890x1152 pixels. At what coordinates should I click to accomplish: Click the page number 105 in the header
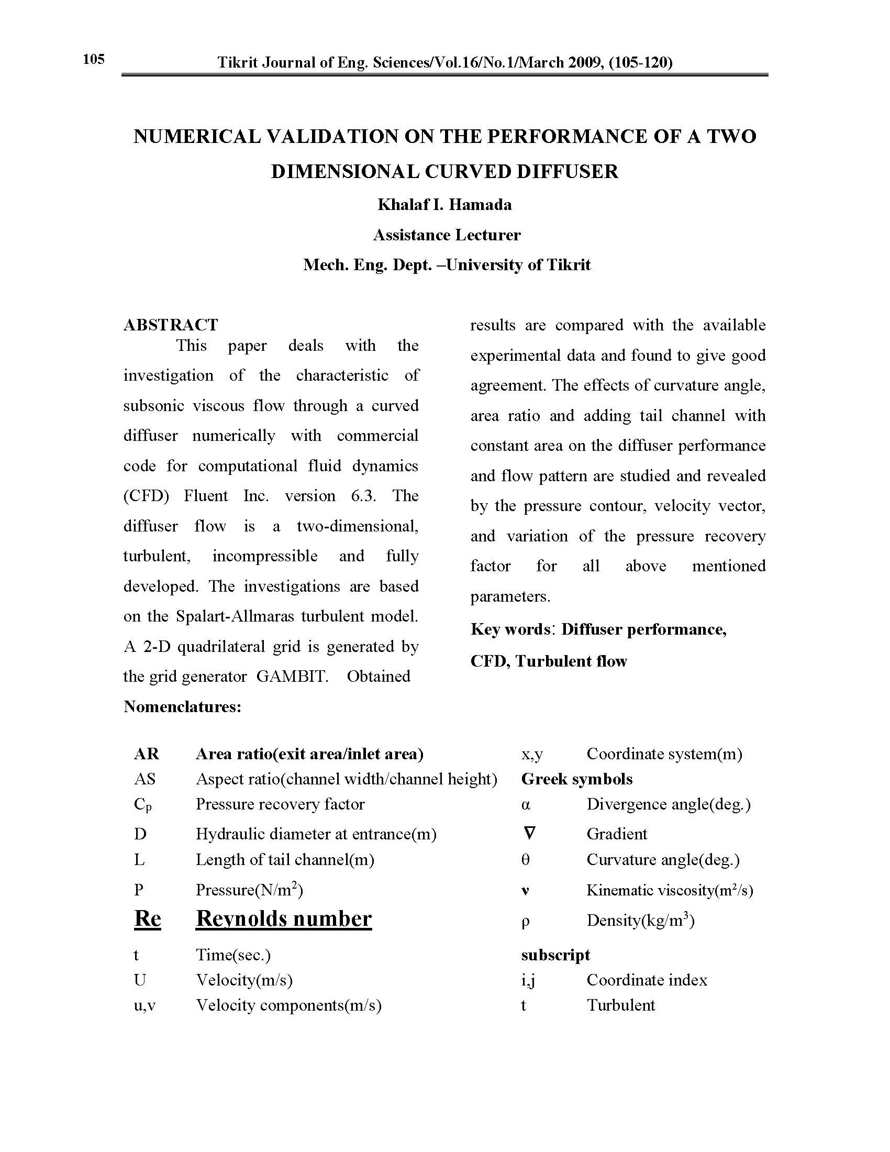94,59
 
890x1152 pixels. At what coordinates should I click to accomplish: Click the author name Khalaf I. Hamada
444,205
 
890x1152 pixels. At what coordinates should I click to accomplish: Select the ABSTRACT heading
170,325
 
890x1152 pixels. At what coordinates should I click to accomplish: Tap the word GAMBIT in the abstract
292,676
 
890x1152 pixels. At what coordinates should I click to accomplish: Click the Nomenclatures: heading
182,706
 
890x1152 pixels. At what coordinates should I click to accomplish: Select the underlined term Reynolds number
284,918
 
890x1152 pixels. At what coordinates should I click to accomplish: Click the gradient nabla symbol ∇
530,834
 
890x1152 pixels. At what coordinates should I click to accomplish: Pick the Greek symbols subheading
577,779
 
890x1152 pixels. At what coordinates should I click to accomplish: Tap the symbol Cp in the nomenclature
142,805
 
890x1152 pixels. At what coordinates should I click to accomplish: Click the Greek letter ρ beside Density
525,921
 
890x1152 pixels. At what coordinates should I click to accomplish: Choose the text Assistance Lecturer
447,235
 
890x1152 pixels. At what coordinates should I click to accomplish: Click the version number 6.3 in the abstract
363,496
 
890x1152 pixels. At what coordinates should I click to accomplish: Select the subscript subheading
555,955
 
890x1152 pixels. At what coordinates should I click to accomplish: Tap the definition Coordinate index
647,980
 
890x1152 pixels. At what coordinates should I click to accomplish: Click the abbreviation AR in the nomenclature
146,754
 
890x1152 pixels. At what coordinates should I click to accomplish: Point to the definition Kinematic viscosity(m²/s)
670,890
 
